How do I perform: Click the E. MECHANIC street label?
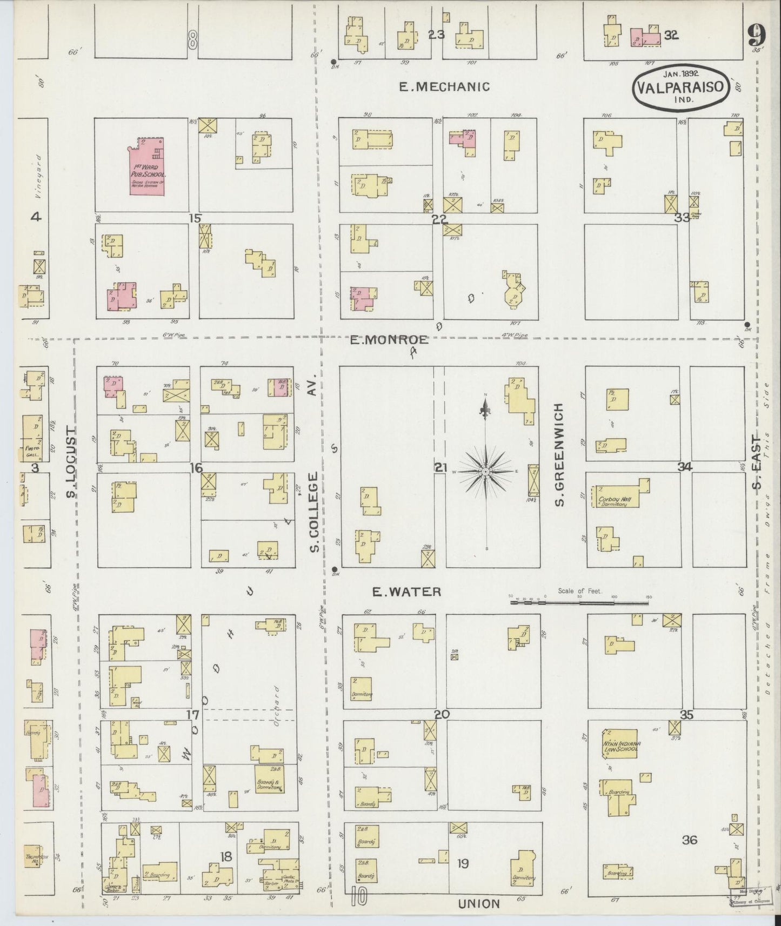click(444, 86)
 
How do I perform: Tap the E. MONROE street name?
click(389, 340)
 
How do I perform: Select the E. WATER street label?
click(406, 592)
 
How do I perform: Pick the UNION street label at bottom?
click(479, 903)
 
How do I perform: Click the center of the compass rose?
click(485, 472)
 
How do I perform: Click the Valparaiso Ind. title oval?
click(680, 88)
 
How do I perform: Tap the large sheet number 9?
click(757, 37)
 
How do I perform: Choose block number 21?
click(440, 468)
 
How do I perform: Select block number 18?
click(226, 856)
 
